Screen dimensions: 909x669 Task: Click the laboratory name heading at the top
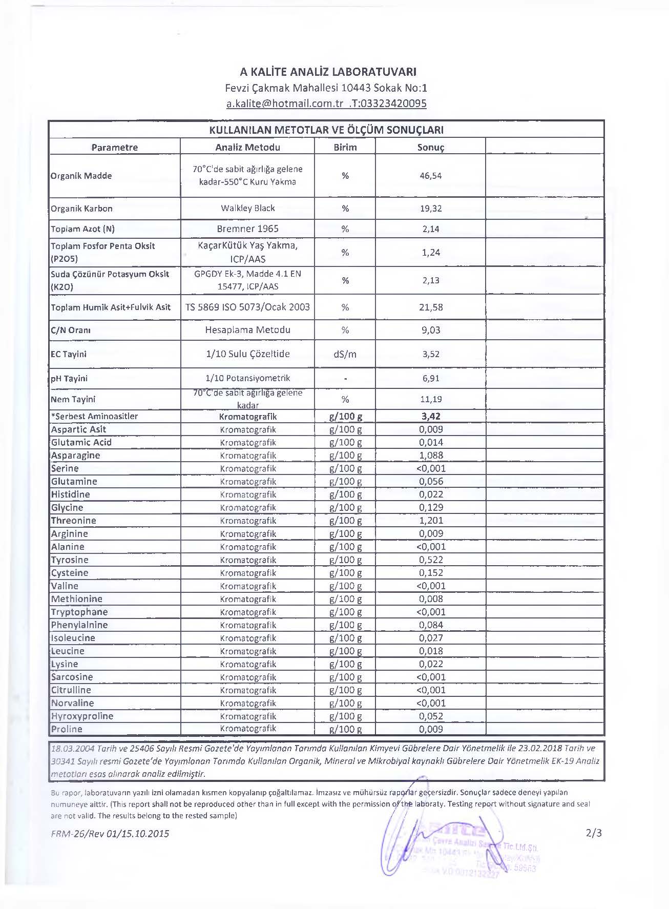tap(328, 72)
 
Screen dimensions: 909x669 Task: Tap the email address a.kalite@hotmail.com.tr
tap(285, 104)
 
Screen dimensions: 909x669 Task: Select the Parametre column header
tap(115, 148)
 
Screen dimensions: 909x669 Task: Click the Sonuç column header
tap(431, 148)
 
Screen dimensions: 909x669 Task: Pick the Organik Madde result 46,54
tap(431, 176)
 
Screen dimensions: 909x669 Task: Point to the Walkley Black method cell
tap(248, 208)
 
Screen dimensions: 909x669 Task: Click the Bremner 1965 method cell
tap(248, 229)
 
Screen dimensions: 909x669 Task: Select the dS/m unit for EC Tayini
tap(345, 354)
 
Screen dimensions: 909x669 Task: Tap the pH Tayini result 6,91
tap(431, 379)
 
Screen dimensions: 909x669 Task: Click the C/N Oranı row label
tap(71, 330)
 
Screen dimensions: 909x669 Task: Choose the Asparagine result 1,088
tap(431, 456)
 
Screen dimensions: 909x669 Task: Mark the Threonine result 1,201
tap(431, 521)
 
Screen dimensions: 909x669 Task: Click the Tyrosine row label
tap(70, 560)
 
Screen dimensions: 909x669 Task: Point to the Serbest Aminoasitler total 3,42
tap(431, 417)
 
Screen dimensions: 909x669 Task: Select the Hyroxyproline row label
tap(82, 716)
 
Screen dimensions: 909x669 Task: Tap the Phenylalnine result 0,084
tap(431, 625)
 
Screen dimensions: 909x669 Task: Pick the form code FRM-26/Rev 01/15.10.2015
tap(110, 834)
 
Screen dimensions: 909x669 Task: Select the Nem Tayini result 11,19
tap(431, 399)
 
